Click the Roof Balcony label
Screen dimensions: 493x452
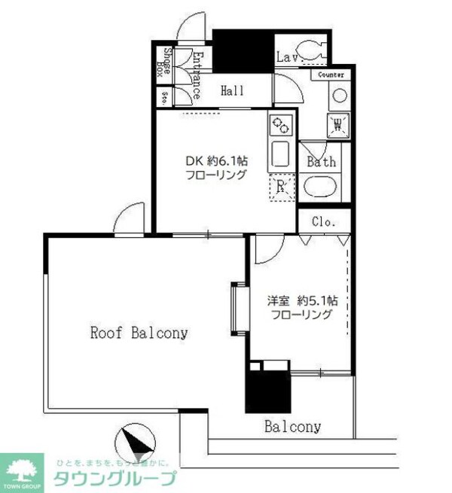pyautogui.click(x=139, y=332)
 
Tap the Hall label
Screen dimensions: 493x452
pyautogui.click(x=232, y=91)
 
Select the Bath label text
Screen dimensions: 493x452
pyautogui.click(x=322, y=162)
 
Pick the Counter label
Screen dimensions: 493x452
pyautogui.click(x=331, y=75)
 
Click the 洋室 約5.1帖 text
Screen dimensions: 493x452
pyautogui.click(x=302, y=300)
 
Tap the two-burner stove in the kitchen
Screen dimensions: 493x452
pyautogui.click(x=279, y=124)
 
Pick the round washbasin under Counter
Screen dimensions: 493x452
pyautogui.click(x=338, y=96)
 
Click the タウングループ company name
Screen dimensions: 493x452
pyautogui.click(x=113, y=479)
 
